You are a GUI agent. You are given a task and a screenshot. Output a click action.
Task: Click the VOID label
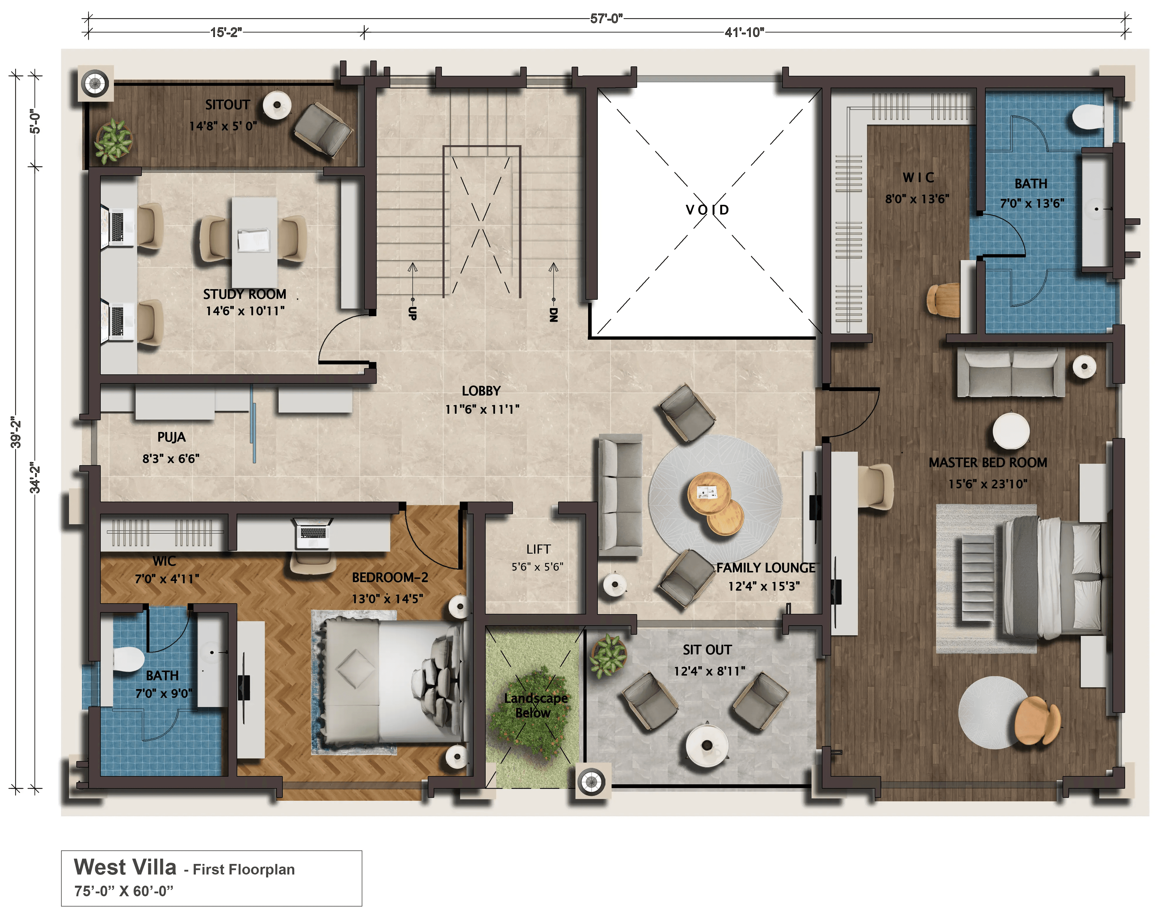point(707,210)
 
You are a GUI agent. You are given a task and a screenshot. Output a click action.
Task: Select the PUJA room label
point(171,437)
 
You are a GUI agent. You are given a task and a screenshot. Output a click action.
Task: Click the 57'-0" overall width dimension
point(606,19)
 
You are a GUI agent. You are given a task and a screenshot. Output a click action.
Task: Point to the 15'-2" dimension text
point(226,33)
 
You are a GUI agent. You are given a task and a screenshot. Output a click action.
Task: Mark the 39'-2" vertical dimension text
point(16,433)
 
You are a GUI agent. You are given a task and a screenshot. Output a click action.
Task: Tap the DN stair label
point(553,315)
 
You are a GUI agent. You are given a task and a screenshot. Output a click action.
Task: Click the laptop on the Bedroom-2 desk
point(313,533)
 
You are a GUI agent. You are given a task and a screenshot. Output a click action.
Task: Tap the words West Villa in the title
point(125,867)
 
